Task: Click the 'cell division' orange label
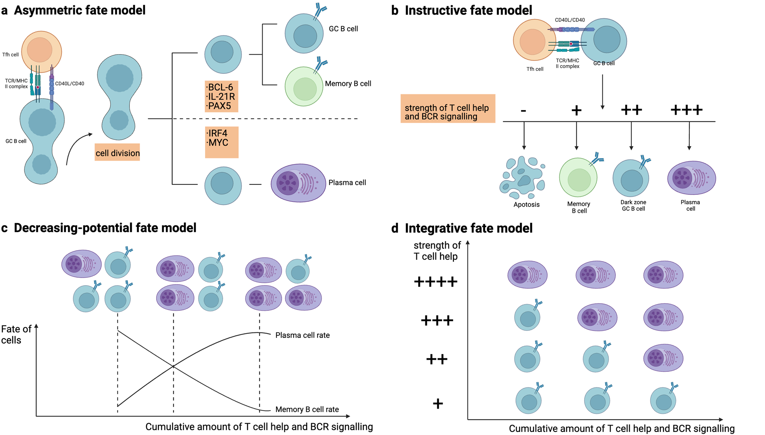[117, 153]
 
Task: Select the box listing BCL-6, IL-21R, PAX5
[221, 96]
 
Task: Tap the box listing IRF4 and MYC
[222, 142]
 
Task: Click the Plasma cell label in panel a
[347, 182]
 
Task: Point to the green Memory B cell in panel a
[304, 86]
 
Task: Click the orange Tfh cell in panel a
[41, 51]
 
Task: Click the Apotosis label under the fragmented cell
[526, 205]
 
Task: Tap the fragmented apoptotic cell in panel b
[523, 177]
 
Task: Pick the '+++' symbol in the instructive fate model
[686, 110]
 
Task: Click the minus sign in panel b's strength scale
[523, 111]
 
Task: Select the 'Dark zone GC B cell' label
[633, 205]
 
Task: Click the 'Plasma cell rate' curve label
[302, 335]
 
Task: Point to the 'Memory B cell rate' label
[307, 409]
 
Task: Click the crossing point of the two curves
[173, 366]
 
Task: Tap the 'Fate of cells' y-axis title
[15, 334]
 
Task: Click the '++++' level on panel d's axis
[435, 281]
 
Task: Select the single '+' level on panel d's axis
[438, 404]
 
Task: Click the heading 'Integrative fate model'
[468, 228]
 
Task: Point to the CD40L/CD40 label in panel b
[569, 20]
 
